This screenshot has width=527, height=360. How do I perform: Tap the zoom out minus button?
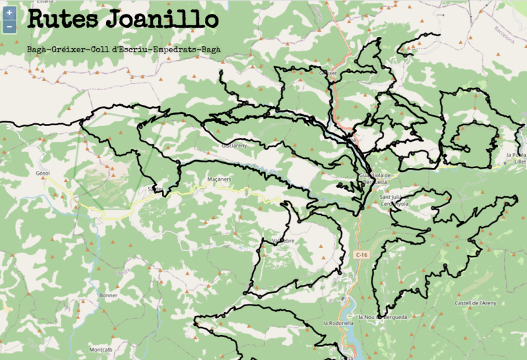coord(9,26)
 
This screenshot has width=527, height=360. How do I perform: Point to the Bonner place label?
coord(108,296)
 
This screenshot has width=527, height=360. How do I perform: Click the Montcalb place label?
coord(101,349)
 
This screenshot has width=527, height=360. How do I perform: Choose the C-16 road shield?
coord(360,255)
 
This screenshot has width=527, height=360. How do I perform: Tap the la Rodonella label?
coord(340,323)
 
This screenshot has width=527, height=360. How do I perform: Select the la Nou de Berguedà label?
coord(383,317)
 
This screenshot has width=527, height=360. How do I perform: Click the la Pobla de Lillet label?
coord(516,158)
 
